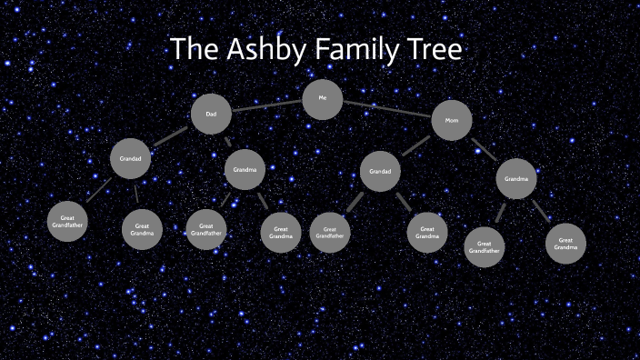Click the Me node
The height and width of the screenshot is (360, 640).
pos(322,99)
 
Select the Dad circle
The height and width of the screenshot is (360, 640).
pos(211,115)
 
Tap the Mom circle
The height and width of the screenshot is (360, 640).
pos(451,120)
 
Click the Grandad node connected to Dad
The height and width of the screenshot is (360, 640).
pos(131,159)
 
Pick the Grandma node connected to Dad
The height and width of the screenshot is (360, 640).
pos(245,170)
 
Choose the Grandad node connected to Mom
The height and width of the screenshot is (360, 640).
pos(380,171)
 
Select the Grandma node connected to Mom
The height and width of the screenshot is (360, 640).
pos(516,179)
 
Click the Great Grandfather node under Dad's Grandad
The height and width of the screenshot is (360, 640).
pos(67,222)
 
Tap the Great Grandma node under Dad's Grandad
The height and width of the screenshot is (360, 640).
pos(142,229)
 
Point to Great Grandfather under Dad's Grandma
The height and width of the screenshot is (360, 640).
pos(206,229)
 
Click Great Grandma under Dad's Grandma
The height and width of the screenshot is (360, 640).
pos(281,233)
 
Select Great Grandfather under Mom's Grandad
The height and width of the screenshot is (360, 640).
pos(330,233)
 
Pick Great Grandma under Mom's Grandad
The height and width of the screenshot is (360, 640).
pos(426,233)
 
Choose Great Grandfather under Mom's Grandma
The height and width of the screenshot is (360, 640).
pos(485,246)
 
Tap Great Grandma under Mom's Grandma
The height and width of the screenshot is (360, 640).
pos(565,244)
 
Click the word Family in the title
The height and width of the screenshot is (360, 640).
pos(352,51)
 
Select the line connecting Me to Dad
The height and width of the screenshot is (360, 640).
pos(266,106)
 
